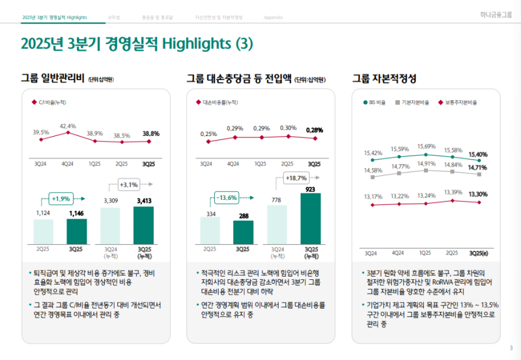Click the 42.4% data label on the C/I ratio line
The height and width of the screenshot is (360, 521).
pyautogui.click(x=68, y=126)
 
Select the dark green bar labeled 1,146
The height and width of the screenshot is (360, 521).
pyautogui.click(x=77, y=230)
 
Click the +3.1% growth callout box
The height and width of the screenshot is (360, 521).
pyautogui.click(x=128, y=184)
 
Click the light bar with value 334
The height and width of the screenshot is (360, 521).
pyautogui.click(x=210, y=230)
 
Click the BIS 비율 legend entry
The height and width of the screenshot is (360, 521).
pyautogui.click(x=374, y=102)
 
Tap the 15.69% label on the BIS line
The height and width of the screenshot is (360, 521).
pyautogui.click(x=427, y=146)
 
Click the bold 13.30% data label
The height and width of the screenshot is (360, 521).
pyautogui.click(x=479, y=194)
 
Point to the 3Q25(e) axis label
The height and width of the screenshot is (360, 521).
pyautogui.click(x=479, y=253)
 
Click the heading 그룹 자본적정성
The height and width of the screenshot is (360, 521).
pyautogui.click(x=384, y=79)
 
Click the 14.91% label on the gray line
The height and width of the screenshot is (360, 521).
pyautogui.click(x=427, y=164)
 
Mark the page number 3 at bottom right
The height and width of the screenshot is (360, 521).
pyautogui.click(x=511, y=347)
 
